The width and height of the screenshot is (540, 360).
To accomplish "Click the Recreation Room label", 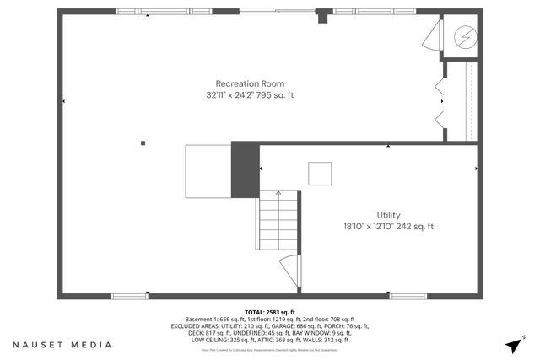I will tap(250, 83).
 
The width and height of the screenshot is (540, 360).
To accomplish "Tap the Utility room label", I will tap(388, 215).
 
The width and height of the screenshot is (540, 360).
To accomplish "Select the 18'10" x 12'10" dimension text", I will tap(367, 226).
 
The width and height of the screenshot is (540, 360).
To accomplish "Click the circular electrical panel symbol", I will tap(465, 37).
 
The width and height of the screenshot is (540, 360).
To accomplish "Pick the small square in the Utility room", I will tap(320, 173).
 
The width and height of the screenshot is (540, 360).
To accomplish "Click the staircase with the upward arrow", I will tap(278, 219).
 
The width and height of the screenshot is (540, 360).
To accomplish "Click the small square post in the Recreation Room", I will tap(143, 143).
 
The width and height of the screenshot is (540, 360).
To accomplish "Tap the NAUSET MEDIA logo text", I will tap(62, 345).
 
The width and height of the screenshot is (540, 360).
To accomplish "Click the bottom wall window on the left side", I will tap(128, 295).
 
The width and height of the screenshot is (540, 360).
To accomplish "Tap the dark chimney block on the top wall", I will tap(321, 16).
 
